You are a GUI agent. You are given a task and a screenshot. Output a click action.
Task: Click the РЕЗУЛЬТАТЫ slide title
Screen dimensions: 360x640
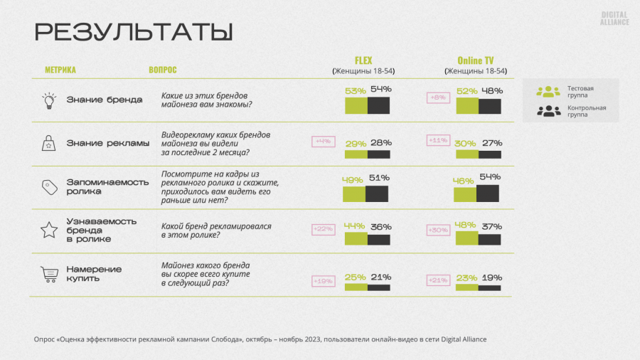pyautogui.click(x=134, y=33)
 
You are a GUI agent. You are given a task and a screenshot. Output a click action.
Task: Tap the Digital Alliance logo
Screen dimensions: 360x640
pyautogui.click(x=614, y=18)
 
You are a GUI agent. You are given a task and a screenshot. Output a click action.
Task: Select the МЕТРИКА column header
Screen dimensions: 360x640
pyautogui.click(x=60, y=70)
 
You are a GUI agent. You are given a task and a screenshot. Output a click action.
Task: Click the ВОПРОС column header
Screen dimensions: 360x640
pyautogui.click(x=163, y=70)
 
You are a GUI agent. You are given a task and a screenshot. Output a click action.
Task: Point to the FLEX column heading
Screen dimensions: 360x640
pyautogui.click(x=363, y=60)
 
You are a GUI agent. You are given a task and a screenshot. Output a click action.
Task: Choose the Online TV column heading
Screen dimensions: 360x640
pyautogui.click(x=475, y=60)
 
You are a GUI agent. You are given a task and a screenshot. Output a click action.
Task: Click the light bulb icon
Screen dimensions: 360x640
pyautogui.click(x=48, y=100)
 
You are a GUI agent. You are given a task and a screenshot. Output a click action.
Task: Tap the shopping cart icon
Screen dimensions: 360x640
pyautogui.click(x=49, y=274)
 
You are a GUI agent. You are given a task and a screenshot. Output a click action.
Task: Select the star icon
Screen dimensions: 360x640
pyautogui.click(x=48, y=230)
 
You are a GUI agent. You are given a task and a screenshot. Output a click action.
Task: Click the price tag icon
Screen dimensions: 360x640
pyautogui.click(x=49, y=187)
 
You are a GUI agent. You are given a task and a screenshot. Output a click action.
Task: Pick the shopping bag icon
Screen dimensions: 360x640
pyautogui.click(x=49, y=143)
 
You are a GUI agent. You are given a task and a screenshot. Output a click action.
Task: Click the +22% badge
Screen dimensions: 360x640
pyautogui.click(x=324, y=229)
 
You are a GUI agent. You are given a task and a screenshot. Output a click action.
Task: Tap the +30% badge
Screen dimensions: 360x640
pyautogui.click(x=437, y=230)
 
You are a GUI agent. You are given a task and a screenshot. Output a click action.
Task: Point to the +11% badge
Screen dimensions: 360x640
pyautogui.click(x=437, y=141)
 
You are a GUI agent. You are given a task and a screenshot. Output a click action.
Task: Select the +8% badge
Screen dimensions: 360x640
pyautogui.click(x=437, y=97)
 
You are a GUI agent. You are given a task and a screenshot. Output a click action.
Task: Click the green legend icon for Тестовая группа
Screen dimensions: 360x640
pyautogui.click(x=548, y=91)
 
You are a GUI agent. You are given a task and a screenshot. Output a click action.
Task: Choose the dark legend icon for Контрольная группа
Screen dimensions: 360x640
pyautogui.click(x=548, y=111)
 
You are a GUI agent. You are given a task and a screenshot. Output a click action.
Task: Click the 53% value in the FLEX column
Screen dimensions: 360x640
pyautogui.click(x=356, y=91)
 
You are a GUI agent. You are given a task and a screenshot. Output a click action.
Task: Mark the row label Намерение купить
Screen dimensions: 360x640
pyautogui.click(x=94, y=274)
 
